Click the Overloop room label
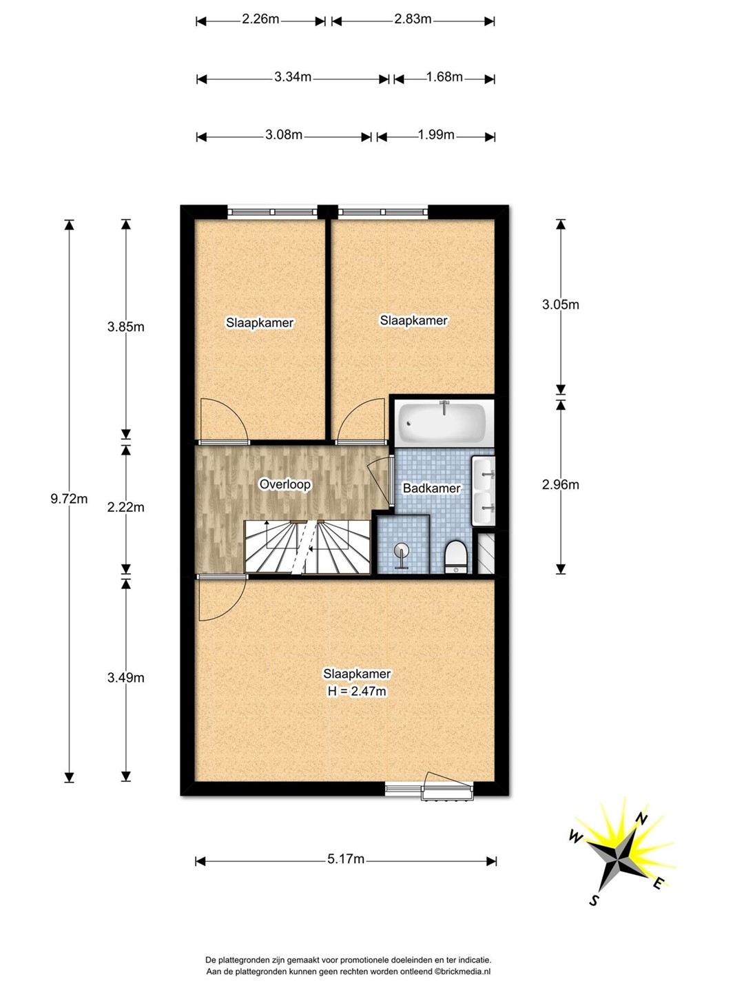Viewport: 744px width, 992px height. coord(285,484)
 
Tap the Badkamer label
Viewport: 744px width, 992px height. coord(431,488)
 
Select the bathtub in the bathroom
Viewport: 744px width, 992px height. coord(443,423)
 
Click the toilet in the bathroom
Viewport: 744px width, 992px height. coord(455,557)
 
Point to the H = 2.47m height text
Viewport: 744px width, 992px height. coord(357,691)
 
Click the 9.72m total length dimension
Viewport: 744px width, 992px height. coord(69,499)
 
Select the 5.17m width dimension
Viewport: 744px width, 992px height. coord(346,858)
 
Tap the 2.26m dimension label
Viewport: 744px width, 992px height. coord(260,19)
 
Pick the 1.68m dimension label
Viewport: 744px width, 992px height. coord(444,77)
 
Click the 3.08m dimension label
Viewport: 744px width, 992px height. coord(284,134)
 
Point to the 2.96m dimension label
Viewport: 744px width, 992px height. coord(560,484)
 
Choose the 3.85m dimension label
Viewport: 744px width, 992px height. coord(125,327)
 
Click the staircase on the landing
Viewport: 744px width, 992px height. coord(307,547)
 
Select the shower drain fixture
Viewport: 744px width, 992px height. coord(401,555)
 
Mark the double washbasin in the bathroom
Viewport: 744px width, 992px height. coord(484,490)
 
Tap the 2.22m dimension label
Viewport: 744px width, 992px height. coord(125,507)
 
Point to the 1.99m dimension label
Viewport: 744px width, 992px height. coord(436,134)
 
